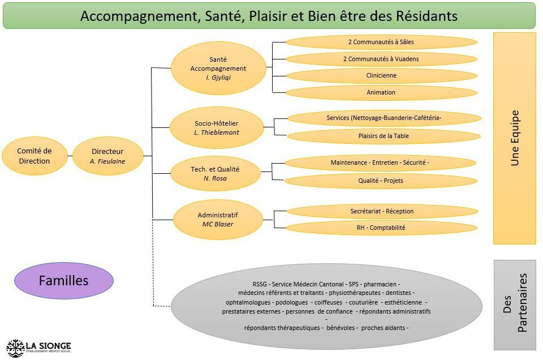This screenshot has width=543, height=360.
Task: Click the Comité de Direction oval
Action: click(x=34, y=156)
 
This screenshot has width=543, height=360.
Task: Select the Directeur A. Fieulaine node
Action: click(x=107, y=156)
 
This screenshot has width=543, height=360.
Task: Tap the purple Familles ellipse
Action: click(x=63, y=280)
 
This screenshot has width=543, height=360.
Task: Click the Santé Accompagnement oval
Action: click(x=218, y=68)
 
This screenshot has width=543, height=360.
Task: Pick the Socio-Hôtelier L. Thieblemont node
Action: click(x=216, y=128)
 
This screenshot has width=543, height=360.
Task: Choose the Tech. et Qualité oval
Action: click(x=215, y=174)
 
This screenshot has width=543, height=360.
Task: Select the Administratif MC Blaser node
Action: click(x=218, y=220)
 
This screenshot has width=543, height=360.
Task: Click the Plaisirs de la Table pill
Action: click(x=383, y=136)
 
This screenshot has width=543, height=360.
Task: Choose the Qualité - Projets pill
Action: click(x=380, y=181)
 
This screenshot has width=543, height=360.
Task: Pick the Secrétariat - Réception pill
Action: click(x=382, y=211)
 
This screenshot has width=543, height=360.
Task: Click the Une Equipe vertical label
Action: click(x=515, y=138)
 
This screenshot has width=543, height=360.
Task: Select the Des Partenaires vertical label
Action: click(x=515, y=305)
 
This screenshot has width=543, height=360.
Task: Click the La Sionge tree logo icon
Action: click(x=15, y=347)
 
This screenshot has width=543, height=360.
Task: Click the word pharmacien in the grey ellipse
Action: click(x=381, y=284)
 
